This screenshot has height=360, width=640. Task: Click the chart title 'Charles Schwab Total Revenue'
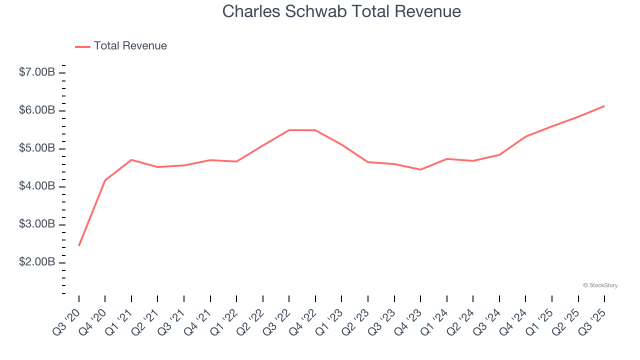[x=341, y=11]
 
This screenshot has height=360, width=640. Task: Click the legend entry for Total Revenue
[x=121, y=46]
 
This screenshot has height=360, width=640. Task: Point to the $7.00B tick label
[x=37, y=72]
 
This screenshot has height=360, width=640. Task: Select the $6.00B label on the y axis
[x=37, y=110]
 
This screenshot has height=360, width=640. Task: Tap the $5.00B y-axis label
[x=37, y=148]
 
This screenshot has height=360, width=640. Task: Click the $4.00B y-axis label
[x=37, y=186]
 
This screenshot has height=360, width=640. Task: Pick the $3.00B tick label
[x=37, y=224]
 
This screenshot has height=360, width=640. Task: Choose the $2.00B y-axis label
[x=37, y=262]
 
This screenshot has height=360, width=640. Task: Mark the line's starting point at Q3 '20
[x=79, y=245]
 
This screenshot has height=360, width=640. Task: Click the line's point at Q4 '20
[x=105, y=180]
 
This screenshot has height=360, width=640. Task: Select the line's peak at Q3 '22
[x=289, y=130]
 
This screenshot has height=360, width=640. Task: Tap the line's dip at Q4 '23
[x=420, y=169]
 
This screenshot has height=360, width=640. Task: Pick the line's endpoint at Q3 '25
[x=604, y=106]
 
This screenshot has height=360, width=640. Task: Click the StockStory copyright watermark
[x=600, y=285]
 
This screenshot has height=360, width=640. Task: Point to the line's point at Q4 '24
[x=525, y=136]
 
